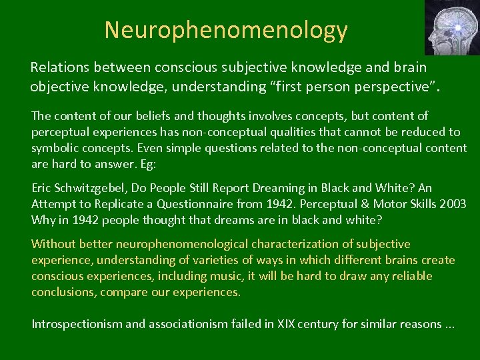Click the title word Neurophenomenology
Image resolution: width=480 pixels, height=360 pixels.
click(226, 30)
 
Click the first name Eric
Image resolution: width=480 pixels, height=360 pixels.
click(43, 189)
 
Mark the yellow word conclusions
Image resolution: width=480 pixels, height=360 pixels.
click(64, 292)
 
